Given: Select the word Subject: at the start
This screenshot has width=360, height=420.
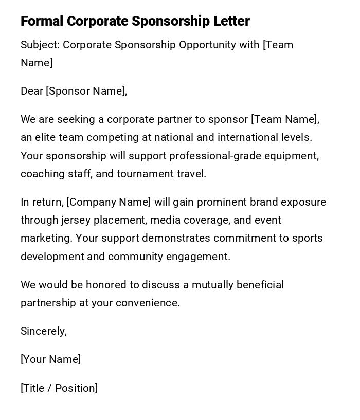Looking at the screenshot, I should pyautogui.click(x=40, y=45).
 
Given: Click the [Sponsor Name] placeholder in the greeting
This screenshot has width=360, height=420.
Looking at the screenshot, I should pyautogui.click(x=86, y=91).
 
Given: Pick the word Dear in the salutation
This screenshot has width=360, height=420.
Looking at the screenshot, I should pyautogui.click(x=31, y=91).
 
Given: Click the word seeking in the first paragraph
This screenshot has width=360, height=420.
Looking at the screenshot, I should pyautogui.click(x=76, y=119).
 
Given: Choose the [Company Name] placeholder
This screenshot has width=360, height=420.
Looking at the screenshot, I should pyautogui.click(x=109, y=202).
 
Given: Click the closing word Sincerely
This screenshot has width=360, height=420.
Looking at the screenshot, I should pyautogui.click(x=43, y=331).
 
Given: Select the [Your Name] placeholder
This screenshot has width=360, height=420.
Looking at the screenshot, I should pyautogui.click(x=51, y=359).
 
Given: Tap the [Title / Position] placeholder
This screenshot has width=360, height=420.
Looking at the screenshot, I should pyautogui.click(x=59, y=388).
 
